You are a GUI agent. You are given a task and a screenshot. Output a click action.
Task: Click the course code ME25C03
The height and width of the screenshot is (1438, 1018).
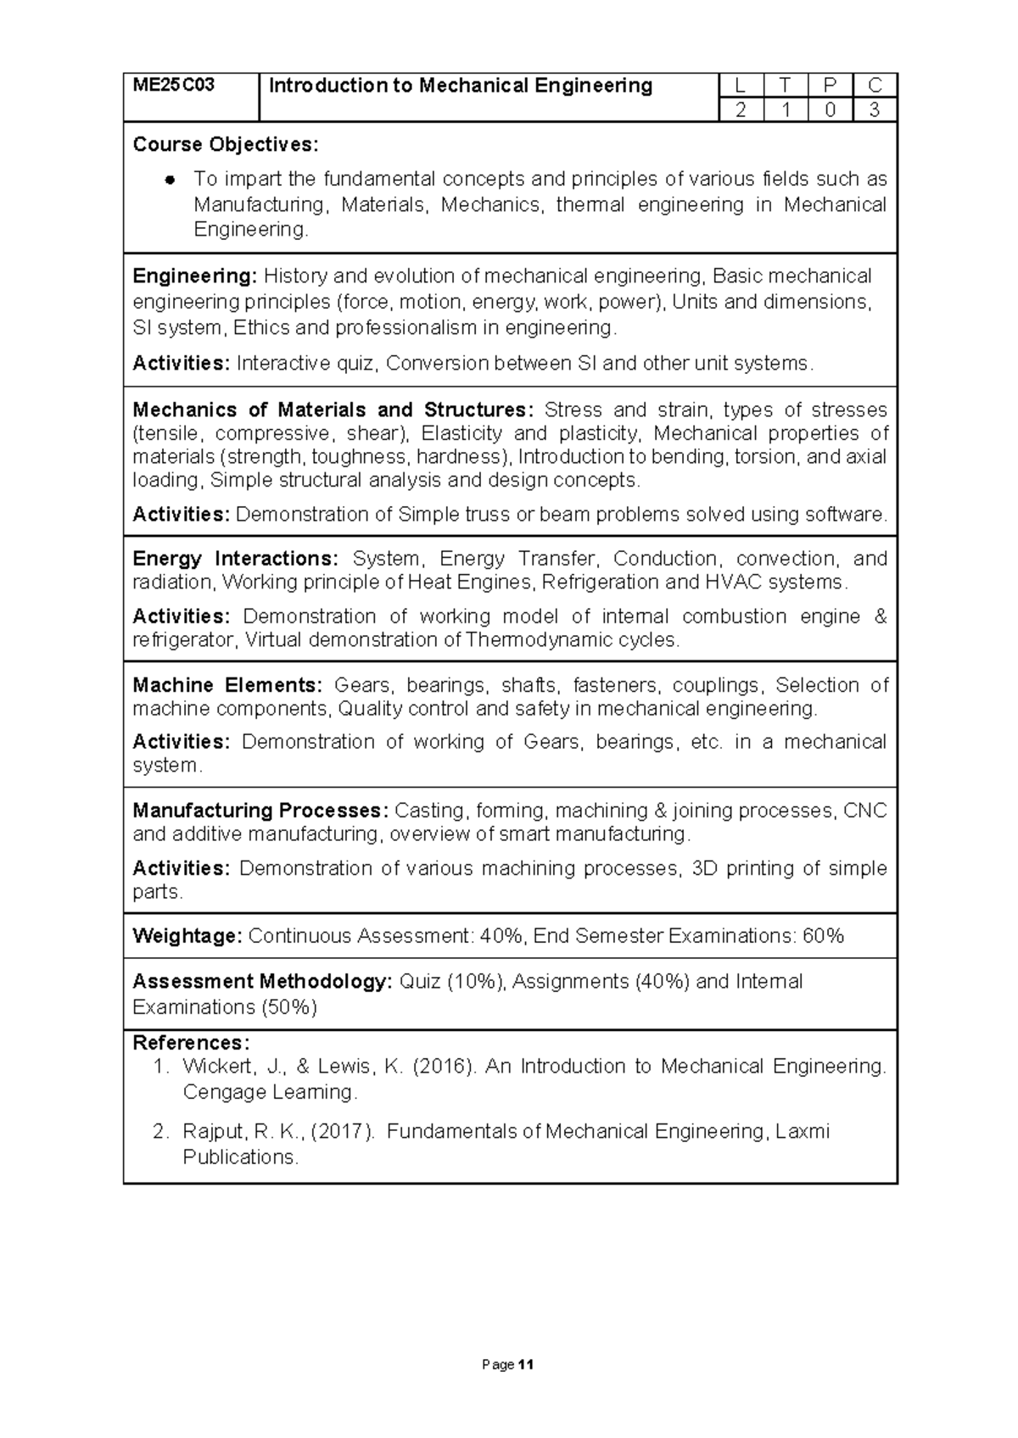(174, 86)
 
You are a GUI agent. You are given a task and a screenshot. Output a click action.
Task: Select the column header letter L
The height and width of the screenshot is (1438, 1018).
(741, 86)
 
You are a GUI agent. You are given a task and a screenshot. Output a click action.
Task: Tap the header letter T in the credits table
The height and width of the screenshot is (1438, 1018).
(786, 86)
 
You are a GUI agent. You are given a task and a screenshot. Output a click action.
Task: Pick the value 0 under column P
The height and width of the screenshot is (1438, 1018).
(831, 110)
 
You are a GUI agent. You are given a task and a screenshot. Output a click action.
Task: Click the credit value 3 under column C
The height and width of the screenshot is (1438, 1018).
(875, 110)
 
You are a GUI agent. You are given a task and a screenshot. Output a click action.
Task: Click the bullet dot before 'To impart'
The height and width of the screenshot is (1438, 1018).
(171, 180)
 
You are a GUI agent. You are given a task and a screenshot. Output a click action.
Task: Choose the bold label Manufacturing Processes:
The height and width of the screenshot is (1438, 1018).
(260, 811)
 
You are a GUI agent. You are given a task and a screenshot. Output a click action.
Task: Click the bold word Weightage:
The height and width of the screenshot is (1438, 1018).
(187, 936)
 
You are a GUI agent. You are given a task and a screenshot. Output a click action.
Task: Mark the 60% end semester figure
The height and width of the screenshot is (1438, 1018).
(823, 936)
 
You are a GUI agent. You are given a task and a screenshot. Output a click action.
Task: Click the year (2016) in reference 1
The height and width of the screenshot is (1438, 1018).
(444, 1067)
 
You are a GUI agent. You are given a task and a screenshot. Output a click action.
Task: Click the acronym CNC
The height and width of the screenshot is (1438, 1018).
(864, 811)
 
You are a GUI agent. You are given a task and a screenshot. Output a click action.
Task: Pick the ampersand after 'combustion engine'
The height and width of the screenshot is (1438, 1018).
(880, 616)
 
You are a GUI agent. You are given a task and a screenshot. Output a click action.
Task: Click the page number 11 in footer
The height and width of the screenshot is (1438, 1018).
(526, 1365)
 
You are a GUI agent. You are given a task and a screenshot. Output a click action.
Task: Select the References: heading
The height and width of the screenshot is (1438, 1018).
(191, 1043)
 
